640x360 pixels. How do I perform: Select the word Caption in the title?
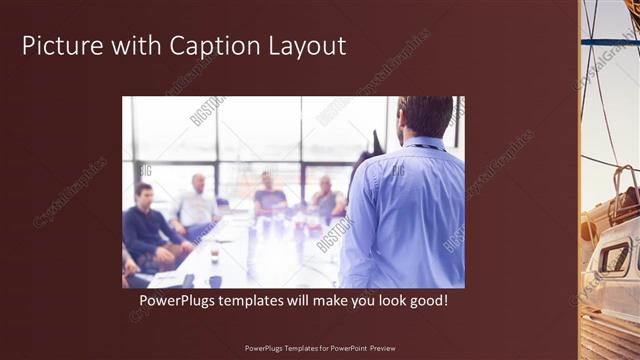click(210, 46)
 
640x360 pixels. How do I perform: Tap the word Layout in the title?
click(306, 46)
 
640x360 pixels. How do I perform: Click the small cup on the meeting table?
click(214, 256)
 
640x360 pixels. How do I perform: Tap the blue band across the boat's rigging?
click(609, 42)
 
